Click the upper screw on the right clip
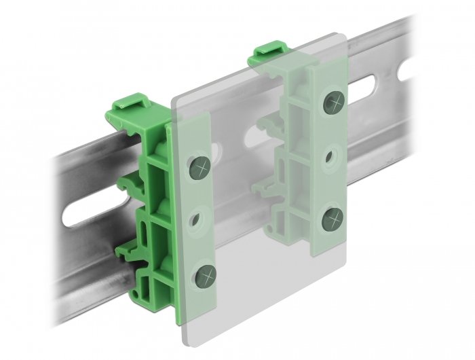click(x=332, y=102)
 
